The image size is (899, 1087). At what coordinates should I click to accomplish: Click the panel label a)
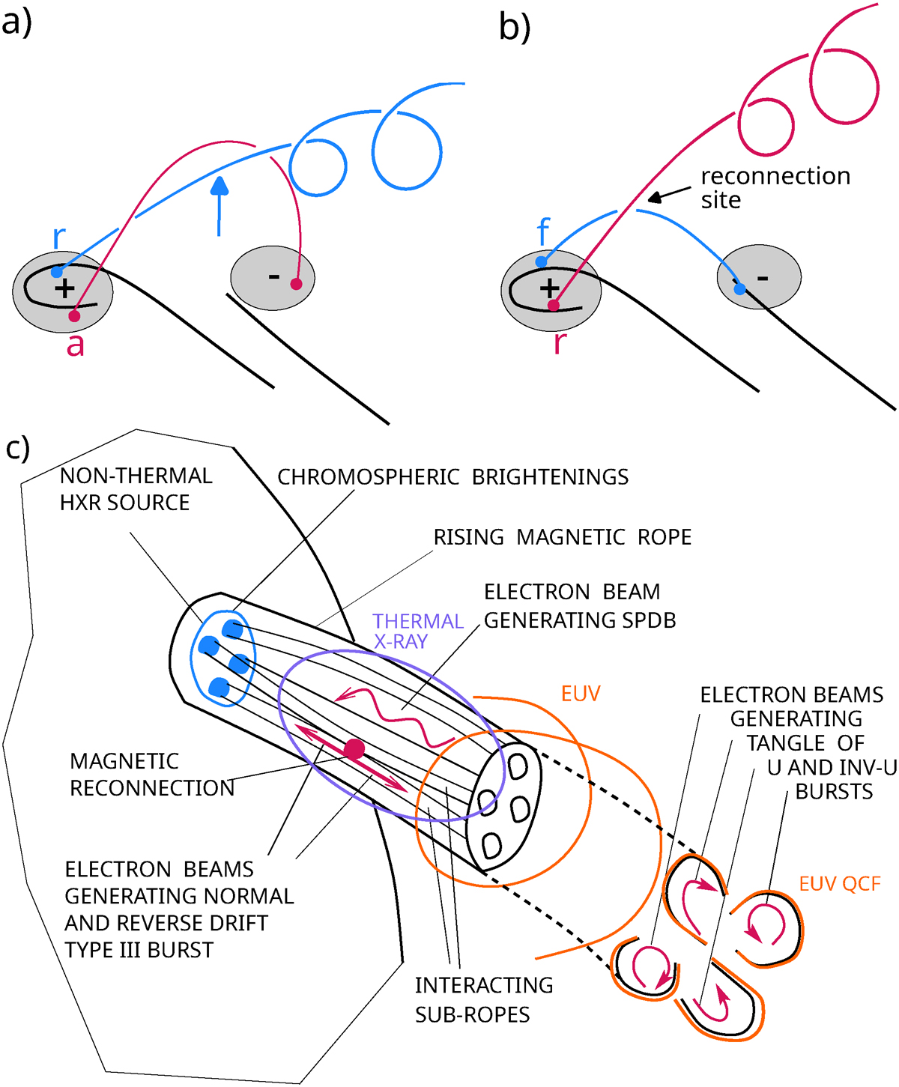[16, 22]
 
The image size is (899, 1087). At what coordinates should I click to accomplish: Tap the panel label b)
[515, 28]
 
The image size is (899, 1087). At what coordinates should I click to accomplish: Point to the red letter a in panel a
[75, 345]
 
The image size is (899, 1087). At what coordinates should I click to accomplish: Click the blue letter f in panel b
[544, 232]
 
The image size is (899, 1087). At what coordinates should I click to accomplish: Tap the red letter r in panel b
[560, 342]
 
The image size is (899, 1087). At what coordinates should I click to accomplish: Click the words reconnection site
[775, 188]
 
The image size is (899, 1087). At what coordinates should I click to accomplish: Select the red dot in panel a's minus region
[296, 284]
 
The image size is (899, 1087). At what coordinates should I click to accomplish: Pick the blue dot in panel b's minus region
[739, 288]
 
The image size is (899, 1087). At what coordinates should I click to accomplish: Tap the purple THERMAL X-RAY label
[418, 632]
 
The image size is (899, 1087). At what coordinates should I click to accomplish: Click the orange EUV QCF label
[839, 884]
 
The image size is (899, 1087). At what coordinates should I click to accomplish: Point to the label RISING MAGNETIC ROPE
[562, 538]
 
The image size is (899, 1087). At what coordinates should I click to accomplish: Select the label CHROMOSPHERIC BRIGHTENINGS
[452, 478]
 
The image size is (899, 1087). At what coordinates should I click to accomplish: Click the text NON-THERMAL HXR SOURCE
[136, 489]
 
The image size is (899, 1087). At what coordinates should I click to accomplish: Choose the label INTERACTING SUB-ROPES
[483, 999]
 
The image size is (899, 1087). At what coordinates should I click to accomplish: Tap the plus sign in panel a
[65, 288]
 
